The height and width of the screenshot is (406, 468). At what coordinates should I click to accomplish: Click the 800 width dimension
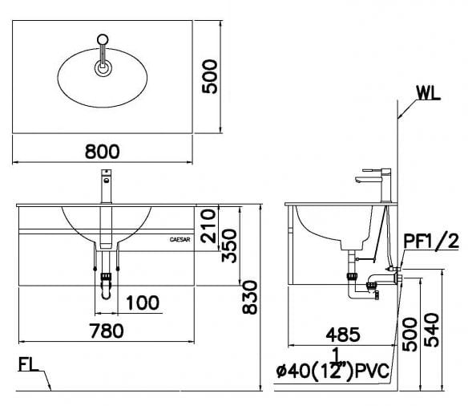(x=103, y=150)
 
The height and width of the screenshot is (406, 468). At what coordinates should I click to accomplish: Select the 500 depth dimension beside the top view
(x=211, y=75)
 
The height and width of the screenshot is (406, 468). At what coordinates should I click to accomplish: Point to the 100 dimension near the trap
(x=142, y=302)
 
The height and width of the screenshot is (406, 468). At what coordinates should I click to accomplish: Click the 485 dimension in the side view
(x=342, y=335)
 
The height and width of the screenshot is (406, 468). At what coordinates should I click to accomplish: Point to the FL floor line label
(x=30, y=366)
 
